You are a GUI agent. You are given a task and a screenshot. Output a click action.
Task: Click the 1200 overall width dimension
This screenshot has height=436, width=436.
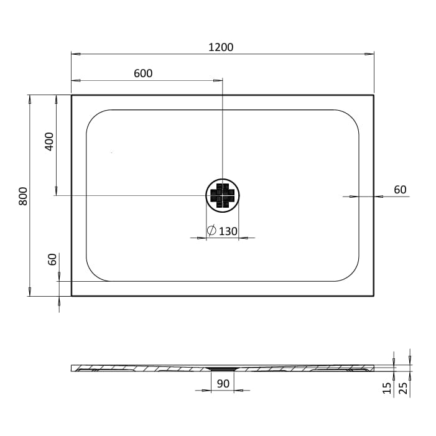point(222,47)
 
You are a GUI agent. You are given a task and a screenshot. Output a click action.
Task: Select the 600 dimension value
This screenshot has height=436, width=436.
point(143,73)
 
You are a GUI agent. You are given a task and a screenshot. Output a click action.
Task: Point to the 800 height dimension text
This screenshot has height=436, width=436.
point(23,197)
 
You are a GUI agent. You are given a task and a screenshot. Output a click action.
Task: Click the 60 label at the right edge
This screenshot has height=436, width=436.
point(400,190)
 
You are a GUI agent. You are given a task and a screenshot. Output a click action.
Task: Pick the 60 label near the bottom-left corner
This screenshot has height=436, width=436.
point(52,259)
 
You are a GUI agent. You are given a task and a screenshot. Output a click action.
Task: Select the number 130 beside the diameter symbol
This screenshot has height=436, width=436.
point(228,231)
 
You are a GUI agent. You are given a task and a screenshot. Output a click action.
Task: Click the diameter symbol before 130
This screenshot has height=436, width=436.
point(211,231)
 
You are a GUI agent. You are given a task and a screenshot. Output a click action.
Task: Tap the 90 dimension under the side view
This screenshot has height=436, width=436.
point(224,383)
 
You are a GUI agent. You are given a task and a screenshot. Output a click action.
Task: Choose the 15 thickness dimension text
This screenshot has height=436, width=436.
point(387,388)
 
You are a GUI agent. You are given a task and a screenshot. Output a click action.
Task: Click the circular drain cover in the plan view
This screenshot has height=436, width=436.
point(222,196)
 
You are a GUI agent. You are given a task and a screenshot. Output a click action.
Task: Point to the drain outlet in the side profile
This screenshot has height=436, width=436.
point(222,368)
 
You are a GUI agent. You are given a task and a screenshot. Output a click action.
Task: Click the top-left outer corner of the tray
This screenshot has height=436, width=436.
point(72,95)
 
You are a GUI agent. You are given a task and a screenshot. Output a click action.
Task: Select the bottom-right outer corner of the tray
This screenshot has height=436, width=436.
point(373,295)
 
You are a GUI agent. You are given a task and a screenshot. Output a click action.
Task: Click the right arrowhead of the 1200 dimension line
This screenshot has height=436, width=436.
point(371,54)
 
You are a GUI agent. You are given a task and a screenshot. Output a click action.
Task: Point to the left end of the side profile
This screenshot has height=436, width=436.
point(73,368)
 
